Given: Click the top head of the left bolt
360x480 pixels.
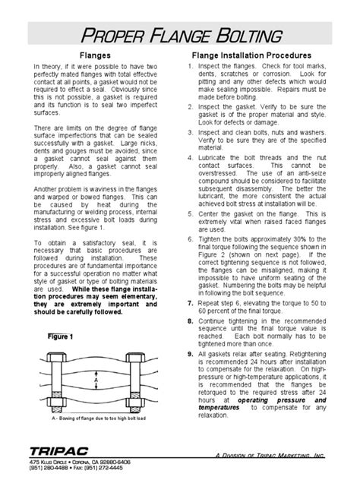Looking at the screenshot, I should (x=57, y=355).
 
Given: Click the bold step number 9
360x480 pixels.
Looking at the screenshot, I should (x=190, y=353).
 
